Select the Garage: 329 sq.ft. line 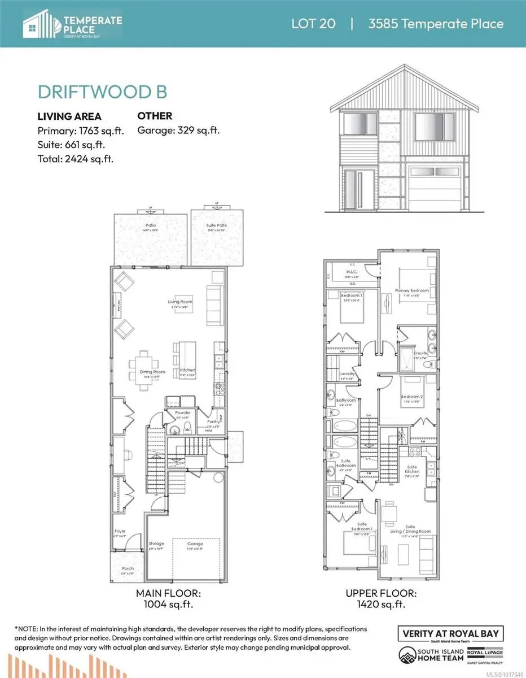[178, 131]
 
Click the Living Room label [180, 302]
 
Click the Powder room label [183, 412]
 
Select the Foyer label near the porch [120, 531]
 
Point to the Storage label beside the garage [156, 544]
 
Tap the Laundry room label [347, 374]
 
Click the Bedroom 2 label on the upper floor [410, 396]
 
